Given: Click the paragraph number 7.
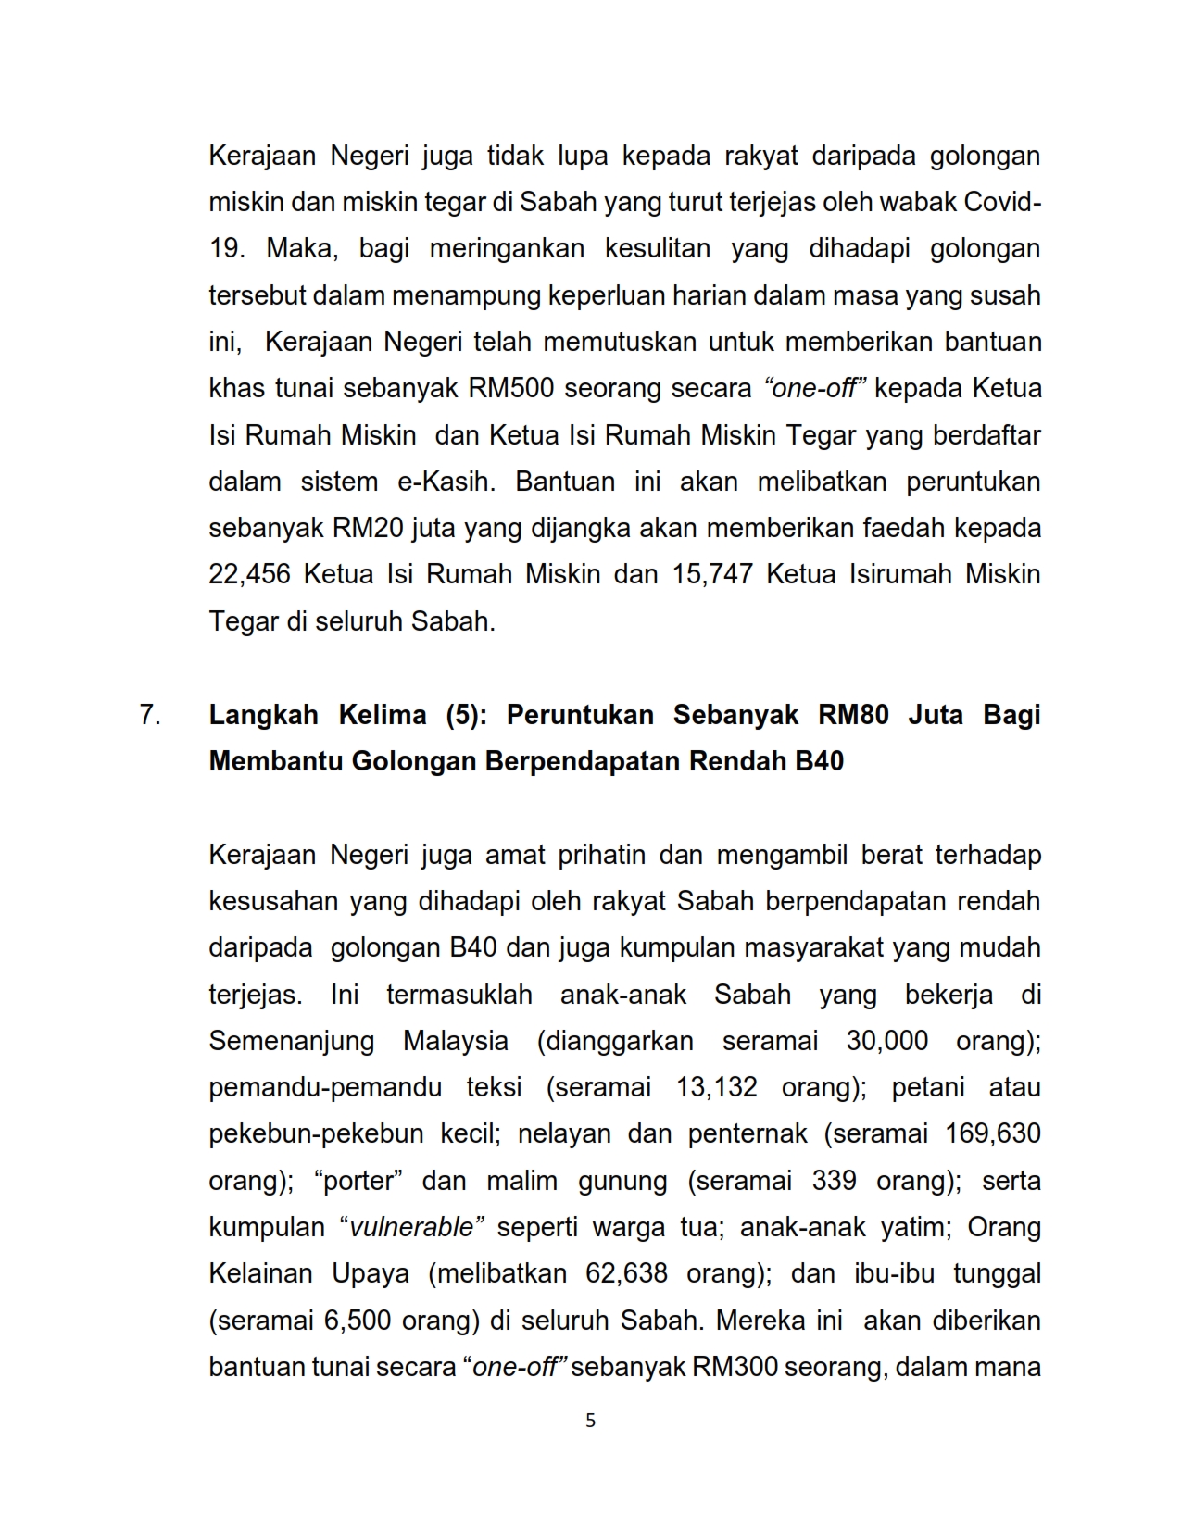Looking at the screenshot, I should click(150, 715).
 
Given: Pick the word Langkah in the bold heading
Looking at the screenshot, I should click(263, 715).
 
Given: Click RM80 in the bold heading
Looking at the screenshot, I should click(853, 715).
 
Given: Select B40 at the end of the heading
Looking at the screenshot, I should click(819, 761).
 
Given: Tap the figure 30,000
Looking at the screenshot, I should click(886, 1041).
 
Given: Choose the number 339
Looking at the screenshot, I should click(834, 1181).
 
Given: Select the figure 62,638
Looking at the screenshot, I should click(626, 1273).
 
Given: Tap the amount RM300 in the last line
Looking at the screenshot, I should click(734, 1367).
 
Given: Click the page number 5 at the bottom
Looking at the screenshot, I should click(590, 1421).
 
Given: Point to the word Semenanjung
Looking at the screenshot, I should click(291, 1041).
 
